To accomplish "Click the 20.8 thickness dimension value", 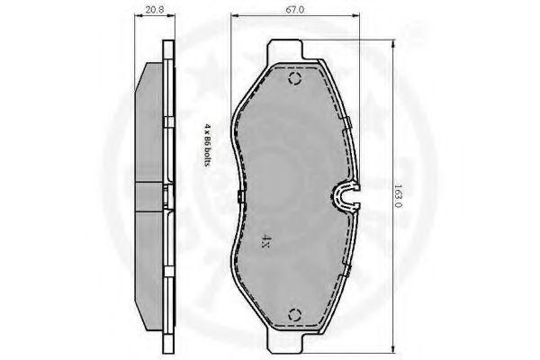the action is pos(154,10).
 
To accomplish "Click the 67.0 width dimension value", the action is pos(295,10).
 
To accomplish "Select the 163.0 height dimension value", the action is pos(398,196).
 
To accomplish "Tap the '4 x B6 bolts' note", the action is pos(207,145).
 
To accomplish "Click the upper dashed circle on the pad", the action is pos(295,79).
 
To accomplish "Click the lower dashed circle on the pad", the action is pos(295,315).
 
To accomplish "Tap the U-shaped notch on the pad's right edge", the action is pos(346,197).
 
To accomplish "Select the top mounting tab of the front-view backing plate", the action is pos(285,49).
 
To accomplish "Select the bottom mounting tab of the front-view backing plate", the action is pos(285,343).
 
